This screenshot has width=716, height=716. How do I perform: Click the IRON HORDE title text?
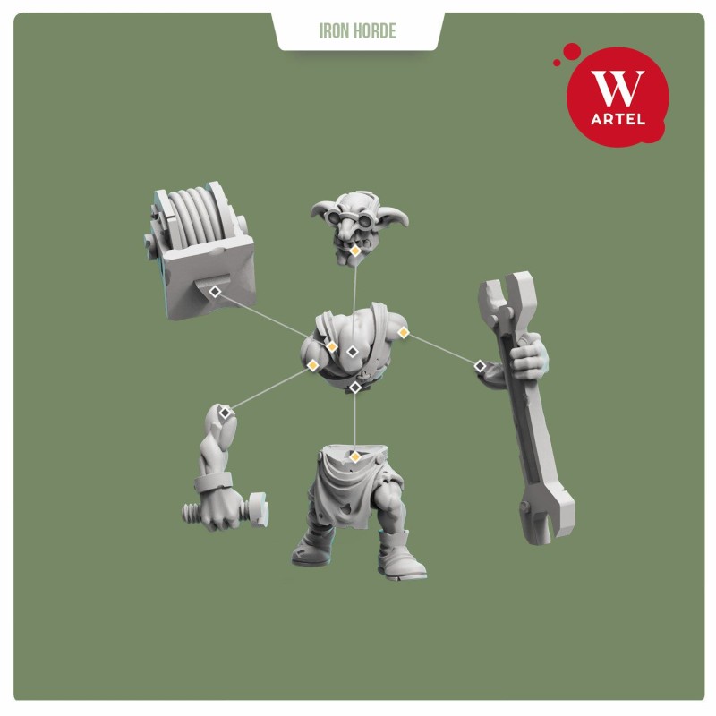(357, 31)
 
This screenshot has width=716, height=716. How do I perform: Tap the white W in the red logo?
(618, 88)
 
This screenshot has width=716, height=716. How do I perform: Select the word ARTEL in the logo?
(618, 120)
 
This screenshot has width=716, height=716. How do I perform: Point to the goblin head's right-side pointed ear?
(396, 218)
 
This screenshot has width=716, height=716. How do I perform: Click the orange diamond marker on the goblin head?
(354, 251)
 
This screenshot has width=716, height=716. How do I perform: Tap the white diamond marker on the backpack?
(215, 292)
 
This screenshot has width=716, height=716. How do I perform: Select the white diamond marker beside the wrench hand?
(480, 366)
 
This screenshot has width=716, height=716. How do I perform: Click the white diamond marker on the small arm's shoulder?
(225, 413)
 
